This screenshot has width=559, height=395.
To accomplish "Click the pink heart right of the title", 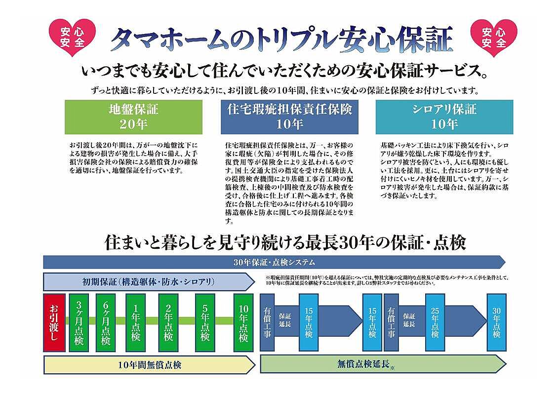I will [x=494, y=37].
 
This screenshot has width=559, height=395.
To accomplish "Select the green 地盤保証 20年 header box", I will [x=133, y=117].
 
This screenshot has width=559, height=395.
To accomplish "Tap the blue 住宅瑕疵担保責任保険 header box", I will [x=289, y=117].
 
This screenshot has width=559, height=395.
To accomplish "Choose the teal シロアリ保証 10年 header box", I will [x=444, y=117].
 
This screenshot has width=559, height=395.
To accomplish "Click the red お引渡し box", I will [x=54, y=323].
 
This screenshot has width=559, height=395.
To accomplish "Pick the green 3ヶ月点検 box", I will [x=79, y=323].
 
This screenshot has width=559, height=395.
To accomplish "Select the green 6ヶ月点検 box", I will [x=106, y=323].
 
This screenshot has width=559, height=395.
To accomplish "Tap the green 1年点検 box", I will [x=136, y=323].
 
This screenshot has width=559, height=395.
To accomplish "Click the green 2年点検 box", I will [x=168, y=323].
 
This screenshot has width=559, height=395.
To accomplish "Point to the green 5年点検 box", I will [x=205, y=323].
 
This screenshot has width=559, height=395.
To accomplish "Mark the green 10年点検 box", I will [x=243, y=323].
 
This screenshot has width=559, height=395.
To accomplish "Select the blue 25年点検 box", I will [x=435, y=323].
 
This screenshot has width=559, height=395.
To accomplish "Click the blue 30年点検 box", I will [x=496, y=323].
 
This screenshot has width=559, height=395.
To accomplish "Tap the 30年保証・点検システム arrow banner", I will [x=274, y=262].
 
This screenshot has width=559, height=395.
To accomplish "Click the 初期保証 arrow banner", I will [x=148, y=282].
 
